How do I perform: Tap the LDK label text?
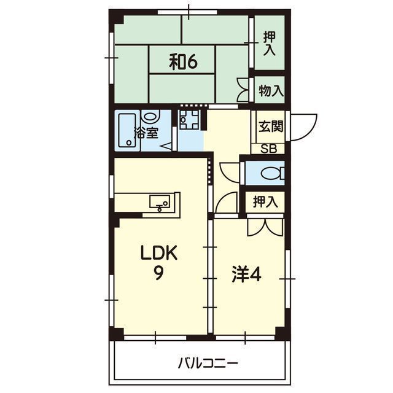(159, 253)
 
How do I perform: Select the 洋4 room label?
(247, 274)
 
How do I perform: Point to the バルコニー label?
(208, 363)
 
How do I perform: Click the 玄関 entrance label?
(271, 126)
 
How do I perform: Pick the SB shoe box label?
(269, 149)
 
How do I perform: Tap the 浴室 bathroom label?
(146, 133)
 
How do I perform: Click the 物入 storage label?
(271, 91)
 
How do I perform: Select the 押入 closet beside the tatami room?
(270, 44)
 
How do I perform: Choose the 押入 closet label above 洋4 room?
(265, 202)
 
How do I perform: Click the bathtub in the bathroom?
(127, 130)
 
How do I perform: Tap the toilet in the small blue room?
(273, 173)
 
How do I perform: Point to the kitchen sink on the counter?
(160, 202)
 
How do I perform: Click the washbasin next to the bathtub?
(150, 117)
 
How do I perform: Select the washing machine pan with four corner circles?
(190, 119)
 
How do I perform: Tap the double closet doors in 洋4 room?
(265, 227)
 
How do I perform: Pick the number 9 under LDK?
(158, 273)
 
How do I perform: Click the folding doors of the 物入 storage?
(244, 90)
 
